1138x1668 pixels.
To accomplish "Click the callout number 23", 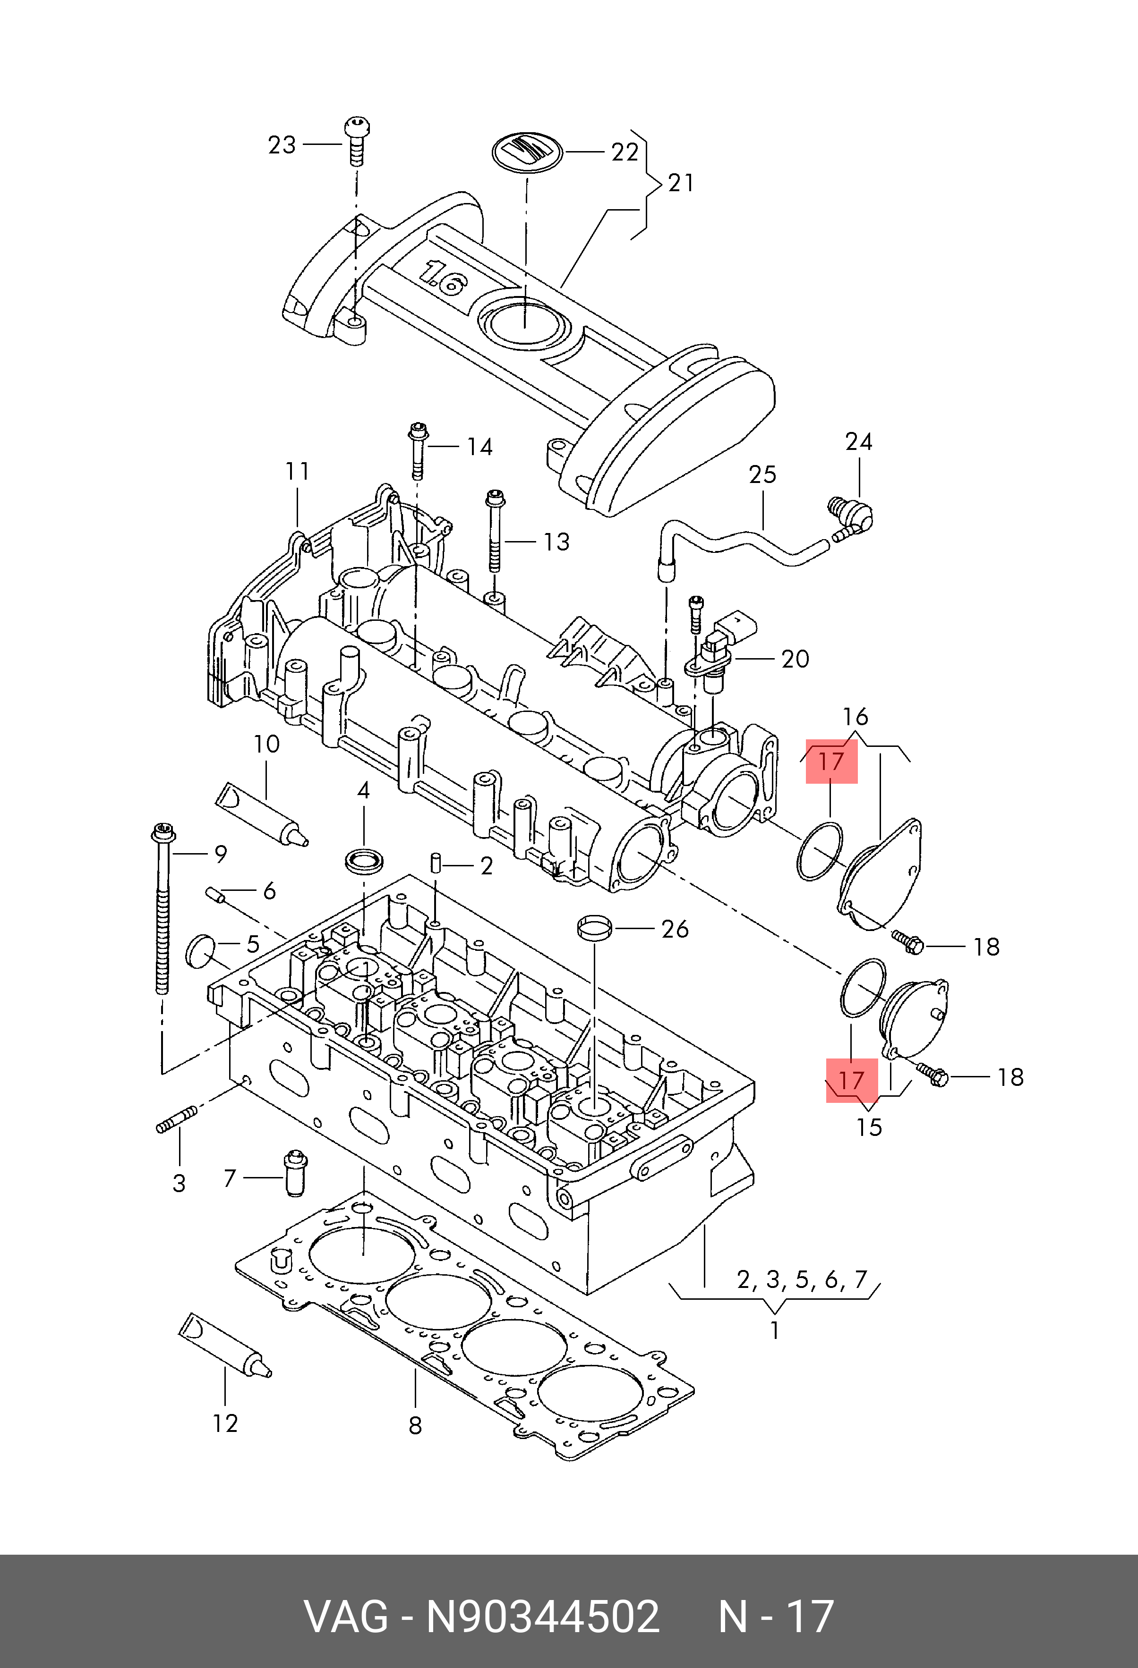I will (x=282, y=145).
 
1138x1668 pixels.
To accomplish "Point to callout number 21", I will (x=681, y=183).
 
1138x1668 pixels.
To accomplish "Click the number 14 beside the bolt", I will (x=479, y=447).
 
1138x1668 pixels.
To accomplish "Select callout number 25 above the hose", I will (x=762, y=474).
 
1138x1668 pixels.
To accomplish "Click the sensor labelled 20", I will (x=721, y=646).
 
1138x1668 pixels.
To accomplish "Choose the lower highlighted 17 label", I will (x=852, y=1081).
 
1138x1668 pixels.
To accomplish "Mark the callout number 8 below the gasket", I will (x=415, y=1426).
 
